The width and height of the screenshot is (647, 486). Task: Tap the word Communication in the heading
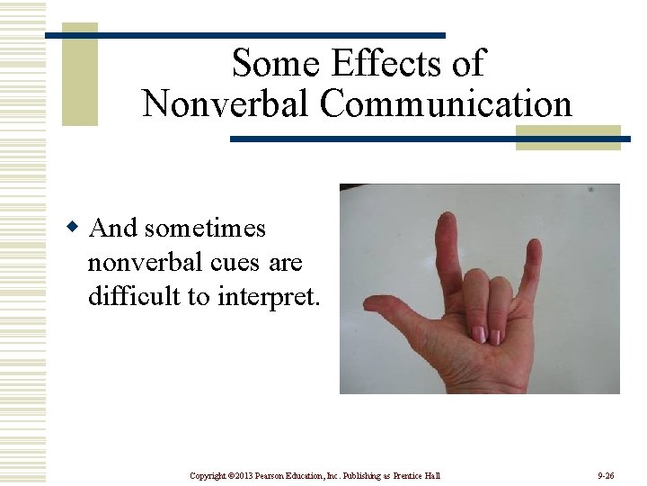[x=446, y=103]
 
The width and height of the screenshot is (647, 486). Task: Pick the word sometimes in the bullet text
[x=204, y=229]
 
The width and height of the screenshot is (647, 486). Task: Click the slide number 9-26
[x=606, y=475]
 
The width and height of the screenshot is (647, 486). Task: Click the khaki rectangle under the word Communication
[x=568, y=137]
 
